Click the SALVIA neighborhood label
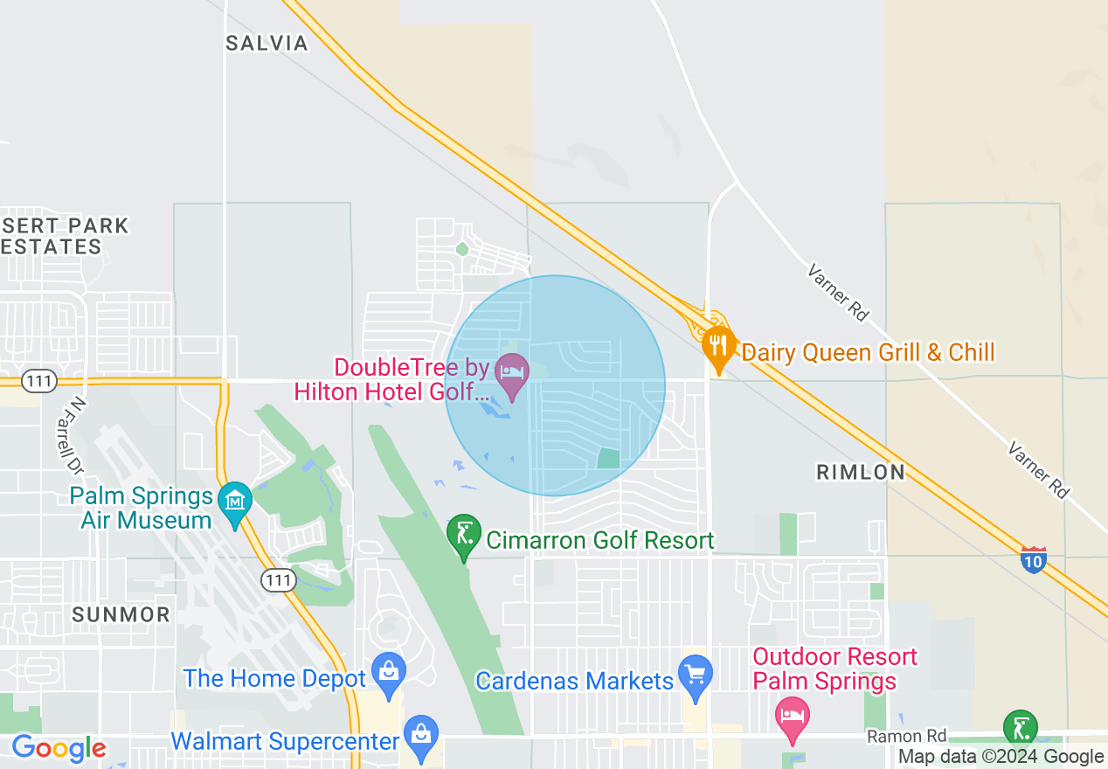pos(267,44)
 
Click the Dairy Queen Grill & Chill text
pos(868,353)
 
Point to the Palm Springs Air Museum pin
pos(235,502)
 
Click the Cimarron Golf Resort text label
pos(599,541)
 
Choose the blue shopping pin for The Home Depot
pos(388,673)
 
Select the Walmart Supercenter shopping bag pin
pos(421,736)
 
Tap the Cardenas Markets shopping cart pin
pos(696,675)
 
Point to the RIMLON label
pos(861,473)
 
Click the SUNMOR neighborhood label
pos(121,615)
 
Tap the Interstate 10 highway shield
pos(1033,559)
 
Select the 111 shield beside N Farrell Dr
pos(41,380)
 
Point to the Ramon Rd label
pos(906,737)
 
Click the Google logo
pos(59,749)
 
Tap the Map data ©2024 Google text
pos(1001,757)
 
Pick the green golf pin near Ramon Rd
pos(1020,728)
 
